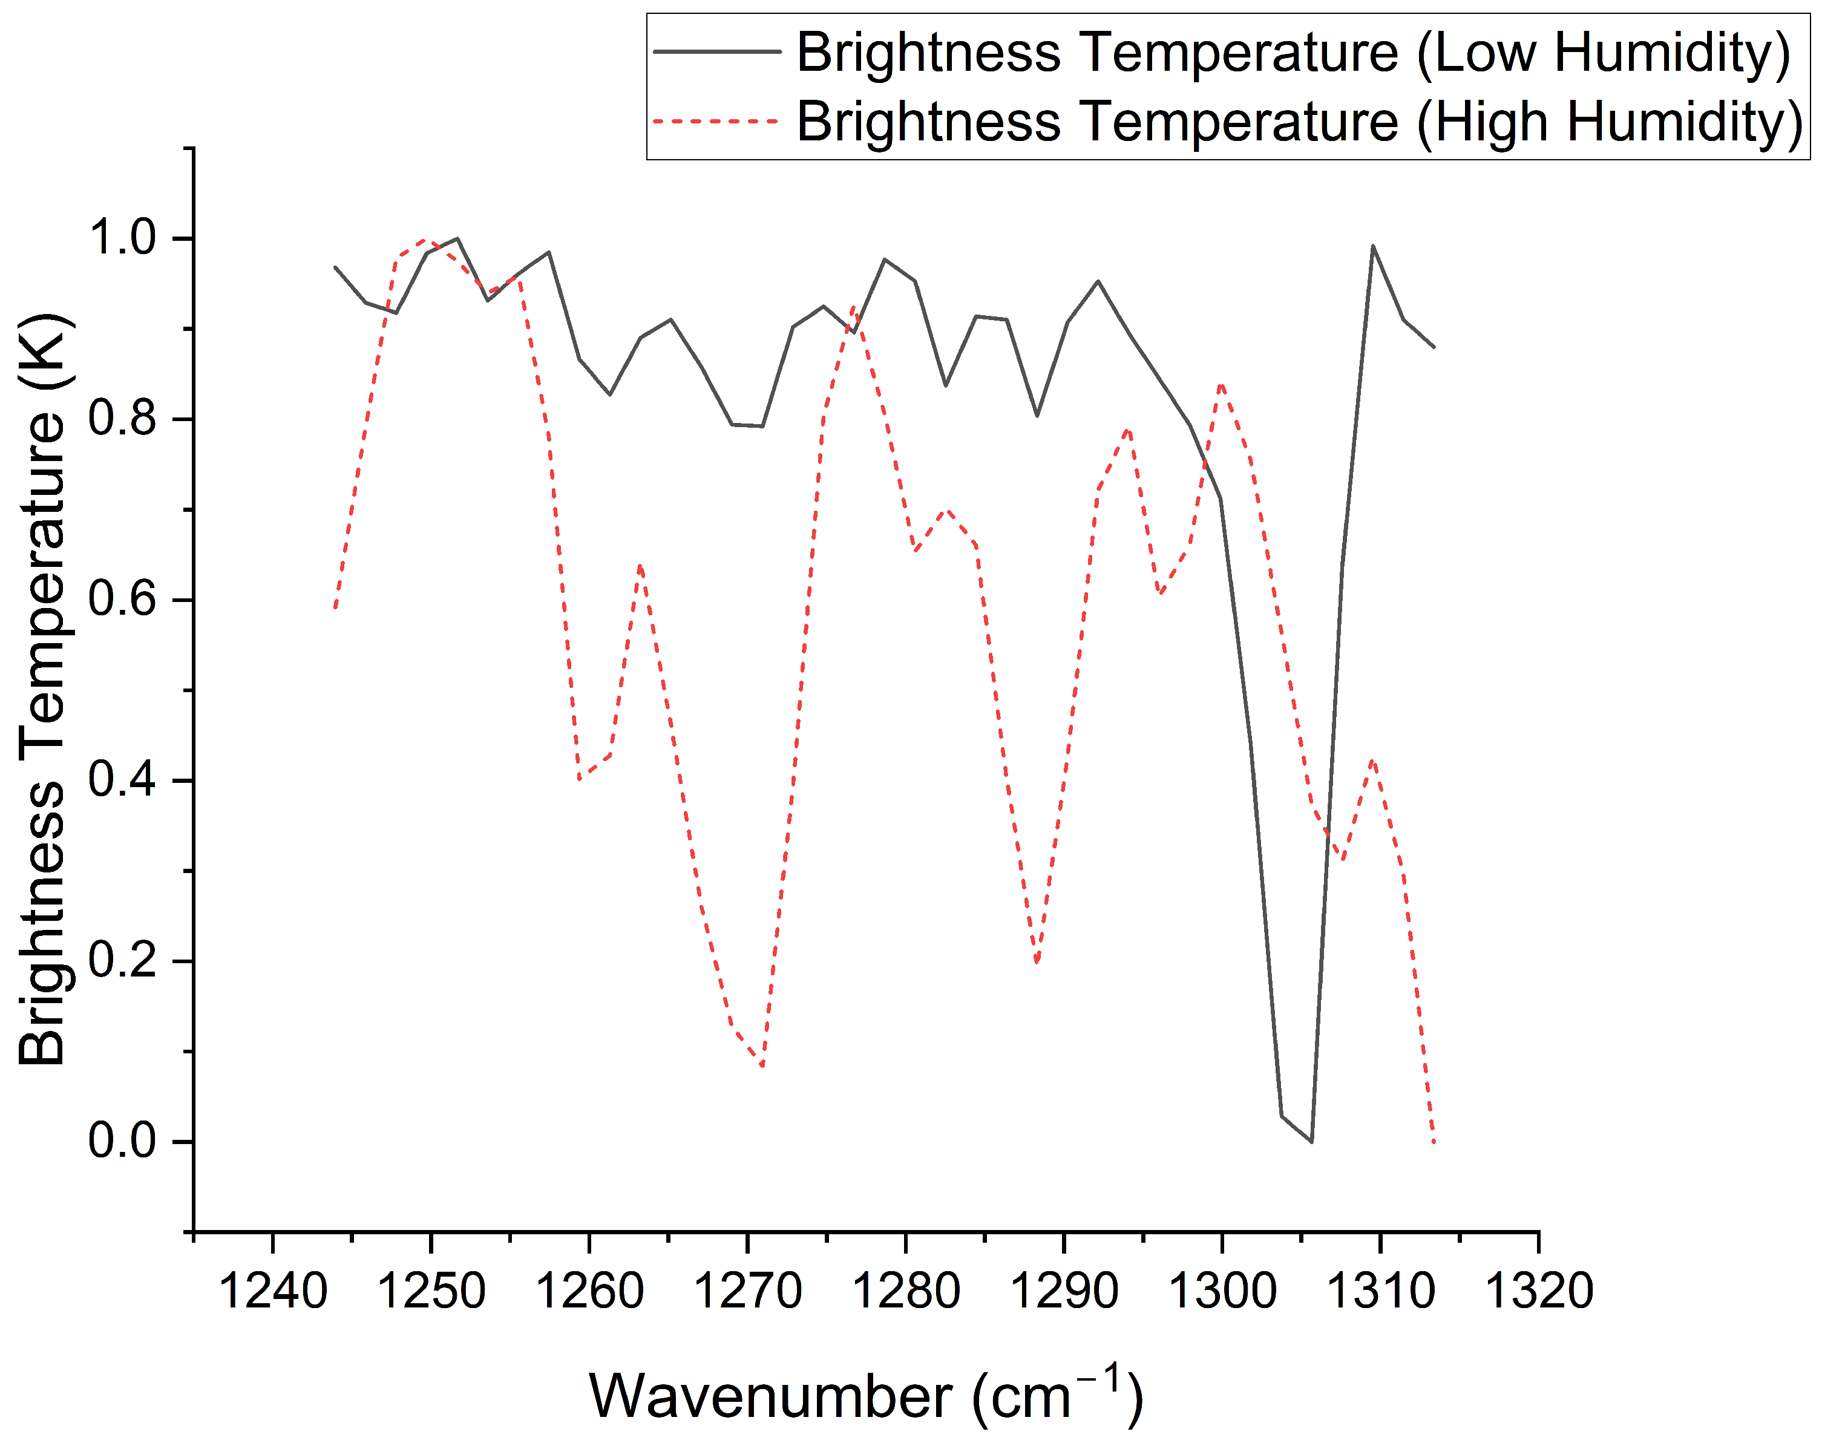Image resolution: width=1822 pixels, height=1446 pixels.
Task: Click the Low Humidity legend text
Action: [x=1294, y=53]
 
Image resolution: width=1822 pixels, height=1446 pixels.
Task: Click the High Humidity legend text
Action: [x=1300, y=122]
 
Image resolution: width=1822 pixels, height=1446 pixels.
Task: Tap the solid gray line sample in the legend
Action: [x=718, y=51]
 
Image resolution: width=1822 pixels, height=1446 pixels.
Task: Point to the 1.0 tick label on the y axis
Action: [x=123, y=238]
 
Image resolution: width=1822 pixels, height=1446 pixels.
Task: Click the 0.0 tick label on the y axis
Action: [x=123, y=1141]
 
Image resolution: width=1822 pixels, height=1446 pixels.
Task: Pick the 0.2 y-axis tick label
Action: [x=123, y=961]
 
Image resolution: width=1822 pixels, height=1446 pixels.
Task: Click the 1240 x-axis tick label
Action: [x=272, y=1291]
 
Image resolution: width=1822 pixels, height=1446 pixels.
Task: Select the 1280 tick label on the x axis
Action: [x=906, y=1291]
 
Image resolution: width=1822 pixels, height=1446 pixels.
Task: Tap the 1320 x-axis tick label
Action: [x=1539, y=1291]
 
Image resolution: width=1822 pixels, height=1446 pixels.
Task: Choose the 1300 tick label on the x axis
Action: [x=1222, y=1291]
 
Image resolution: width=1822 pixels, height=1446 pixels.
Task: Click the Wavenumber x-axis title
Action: [x=866, y=1396]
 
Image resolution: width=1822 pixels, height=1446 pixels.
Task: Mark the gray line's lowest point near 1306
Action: [x=1311, y=1142]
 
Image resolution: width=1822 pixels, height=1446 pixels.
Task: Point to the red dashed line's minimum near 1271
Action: [x=762, y=1067]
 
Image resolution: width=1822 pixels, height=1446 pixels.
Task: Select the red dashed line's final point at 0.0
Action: [x=1434, y=1142]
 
